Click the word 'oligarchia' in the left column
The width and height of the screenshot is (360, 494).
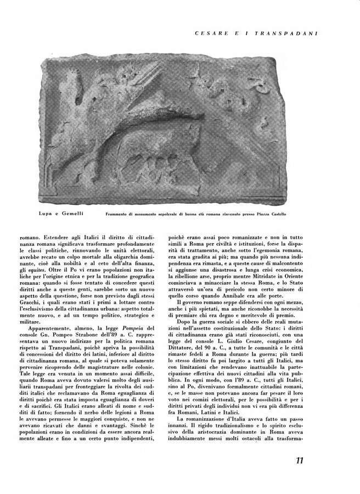[x=126, y=256]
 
